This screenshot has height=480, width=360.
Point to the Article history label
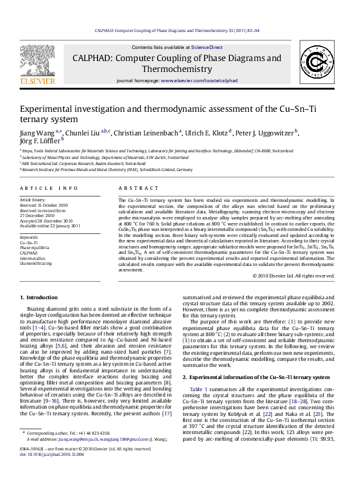coord(33,199)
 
